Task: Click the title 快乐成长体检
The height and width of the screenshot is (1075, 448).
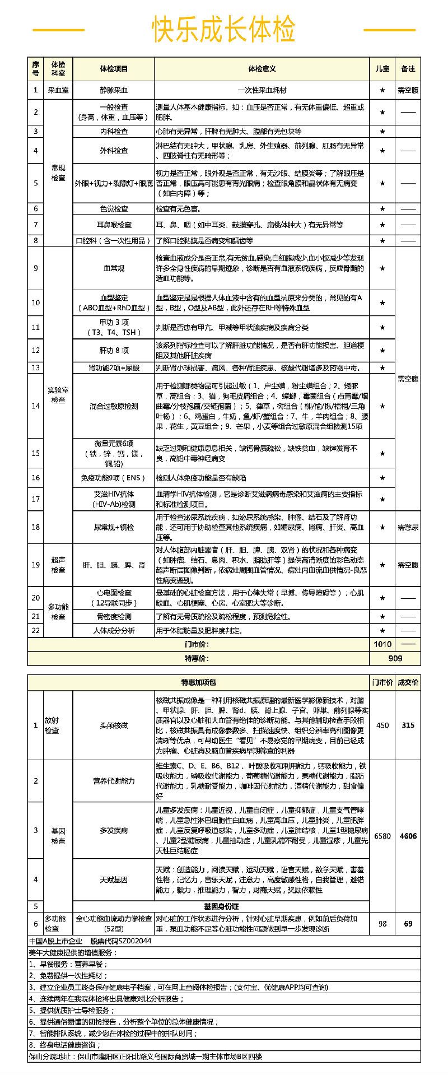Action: click(x=223, y=30)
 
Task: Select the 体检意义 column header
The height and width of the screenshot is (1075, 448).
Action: click(x=262, y=68)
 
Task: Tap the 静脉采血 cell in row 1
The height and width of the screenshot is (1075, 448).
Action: click(x=114, y=90)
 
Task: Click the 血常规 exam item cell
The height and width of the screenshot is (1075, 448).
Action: click(x=114, y=268)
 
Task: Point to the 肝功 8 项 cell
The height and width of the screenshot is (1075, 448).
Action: click(x=114, y=351)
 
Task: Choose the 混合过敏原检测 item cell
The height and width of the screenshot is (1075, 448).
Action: click(x=114, y=406)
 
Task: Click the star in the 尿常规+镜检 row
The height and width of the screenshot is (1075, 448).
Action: click(x=382, y=527)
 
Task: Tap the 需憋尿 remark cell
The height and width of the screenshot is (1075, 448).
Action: click(x=408, y=527)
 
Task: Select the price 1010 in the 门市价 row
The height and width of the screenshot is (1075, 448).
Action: click(x=382, y=644)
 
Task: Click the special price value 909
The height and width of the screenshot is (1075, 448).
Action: click(x=395, y=658)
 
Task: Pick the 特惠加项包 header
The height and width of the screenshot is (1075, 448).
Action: click(x=198, y=682)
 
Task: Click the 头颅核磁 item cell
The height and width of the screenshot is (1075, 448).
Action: click(x=114, y=725)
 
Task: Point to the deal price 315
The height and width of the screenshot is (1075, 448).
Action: click(x=408, y=725)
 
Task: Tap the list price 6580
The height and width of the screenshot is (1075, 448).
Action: click(x=382, y=836)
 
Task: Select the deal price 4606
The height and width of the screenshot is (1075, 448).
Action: click(x=408, y=836)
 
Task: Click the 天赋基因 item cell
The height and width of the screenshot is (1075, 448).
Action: click(x=114, y=879)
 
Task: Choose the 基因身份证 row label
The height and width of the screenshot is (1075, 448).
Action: click(x=221, y=906)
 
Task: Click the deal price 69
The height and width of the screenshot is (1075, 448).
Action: click(x=408, y=924)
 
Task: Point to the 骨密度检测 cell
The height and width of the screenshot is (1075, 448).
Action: click(x=114, y=617)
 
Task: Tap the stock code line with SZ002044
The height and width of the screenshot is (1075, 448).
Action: click(x=90, y=941)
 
